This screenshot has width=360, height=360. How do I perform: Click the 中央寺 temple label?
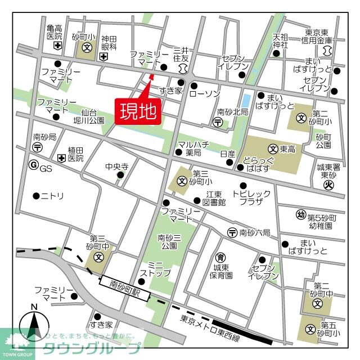[117, 167]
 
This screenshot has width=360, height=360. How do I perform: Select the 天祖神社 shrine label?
[280, 40]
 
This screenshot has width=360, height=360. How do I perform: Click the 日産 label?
[227, 153]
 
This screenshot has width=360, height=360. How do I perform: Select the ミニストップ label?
[151, 269]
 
